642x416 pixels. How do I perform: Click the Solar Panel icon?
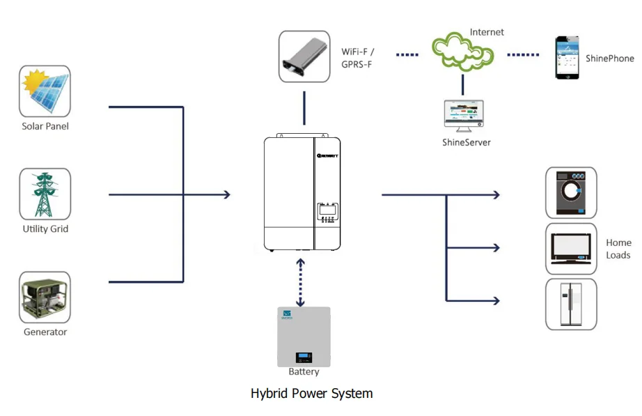45,91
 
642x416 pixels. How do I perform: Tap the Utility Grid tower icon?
45,194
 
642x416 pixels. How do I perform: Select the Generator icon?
45,297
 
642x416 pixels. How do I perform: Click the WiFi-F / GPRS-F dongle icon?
304,56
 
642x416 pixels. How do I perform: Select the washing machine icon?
571,192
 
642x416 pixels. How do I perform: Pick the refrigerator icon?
571,304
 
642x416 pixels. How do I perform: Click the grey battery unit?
304,337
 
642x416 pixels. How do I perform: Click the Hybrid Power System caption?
311,394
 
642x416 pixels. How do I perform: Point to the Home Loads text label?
618,249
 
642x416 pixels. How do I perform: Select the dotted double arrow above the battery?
301,282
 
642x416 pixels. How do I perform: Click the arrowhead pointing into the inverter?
226,194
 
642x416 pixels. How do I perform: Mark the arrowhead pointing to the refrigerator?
496,300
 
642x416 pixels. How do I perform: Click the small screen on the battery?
304,357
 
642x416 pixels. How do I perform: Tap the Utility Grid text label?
45,229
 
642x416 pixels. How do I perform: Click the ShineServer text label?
466,142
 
